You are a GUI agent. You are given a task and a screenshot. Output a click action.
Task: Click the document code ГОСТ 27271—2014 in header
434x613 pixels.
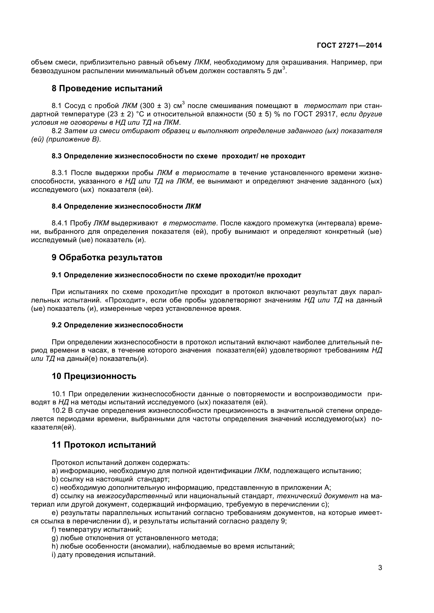point(349,45)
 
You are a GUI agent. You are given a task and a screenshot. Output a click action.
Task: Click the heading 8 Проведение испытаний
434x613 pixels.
point(107,88)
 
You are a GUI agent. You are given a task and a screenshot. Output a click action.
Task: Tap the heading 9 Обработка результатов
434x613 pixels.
point(107,258)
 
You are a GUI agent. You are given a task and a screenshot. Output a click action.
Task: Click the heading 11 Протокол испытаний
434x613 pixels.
point(104,445)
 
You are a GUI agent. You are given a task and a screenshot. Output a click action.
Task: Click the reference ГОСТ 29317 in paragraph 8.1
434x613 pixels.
point(315,114)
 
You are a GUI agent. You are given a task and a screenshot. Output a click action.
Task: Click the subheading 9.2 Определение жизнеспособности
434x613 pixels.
point(117,325)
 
